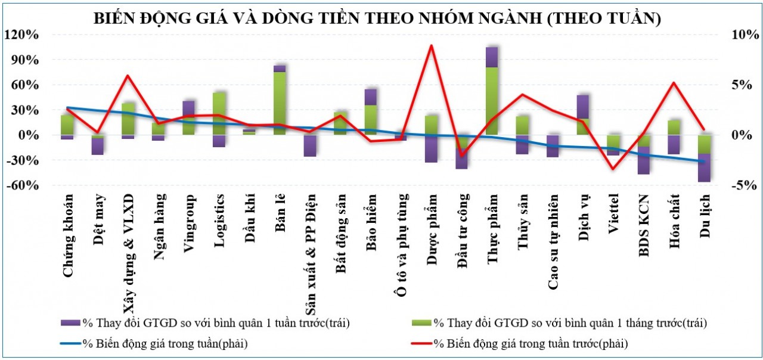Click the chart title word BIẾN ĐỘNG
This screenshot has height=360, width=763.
pyautogui.click(x=135, y=18)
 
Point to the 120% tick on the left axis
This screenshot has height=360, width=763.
pyautogui.click(x=24, y=35)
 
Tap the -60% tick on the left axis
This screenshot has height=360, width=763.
pyautogui.click(x=24, y=185)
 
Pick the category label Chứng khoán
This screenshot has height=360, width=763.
pyautogui.click(x=68, y=235)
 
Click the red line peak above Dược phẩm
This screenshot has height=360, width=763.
pyautogui.click(x=431, y=46)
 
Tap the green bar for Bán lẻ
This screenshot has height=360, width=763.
pyautogui.click(x=280, y=101)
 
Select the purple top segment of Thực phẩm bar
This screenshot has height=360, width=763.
pyautogui.click(x=492, y=57)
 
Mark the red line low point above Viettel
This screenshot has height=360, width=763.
pyautogui.click(x=613, y=169)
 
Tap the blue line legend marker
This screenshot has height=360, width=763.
pyautogui.click(x=71, y=343)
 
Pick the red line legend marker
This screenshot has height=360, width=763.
pyautogui.click(x=422, y=343)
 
